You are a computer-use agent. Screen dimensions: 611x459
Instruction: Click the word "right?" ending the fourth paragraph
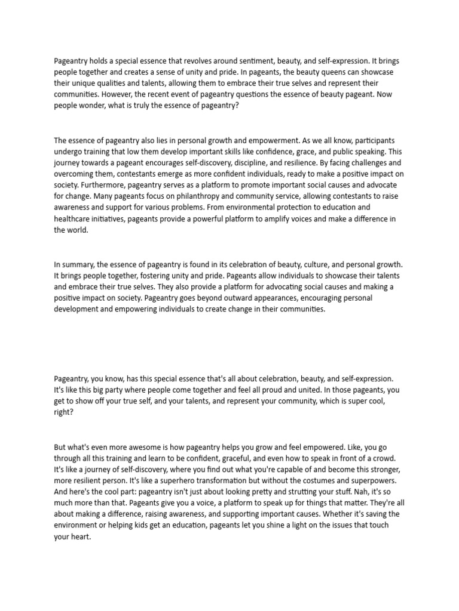pyautogui.click(x=64, y=412)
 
